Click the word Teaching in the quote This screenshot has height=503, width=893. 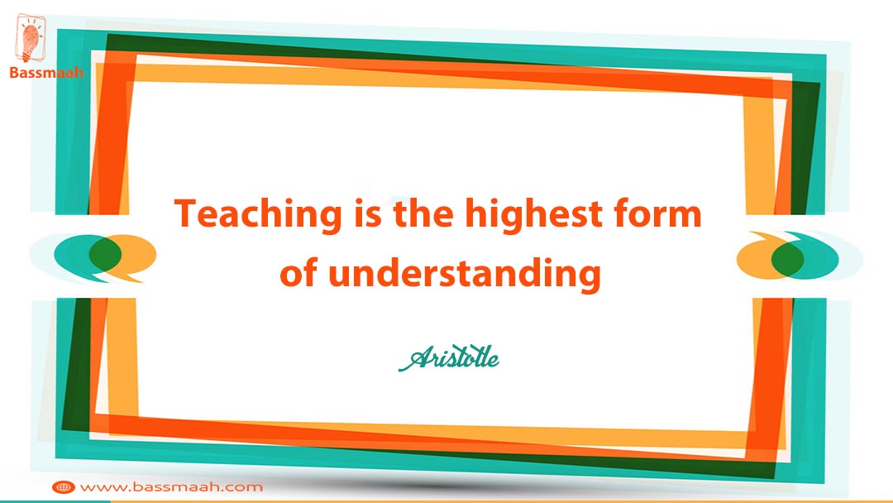coord(258,215)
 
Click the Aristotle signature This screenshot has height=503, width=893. coord(449,358)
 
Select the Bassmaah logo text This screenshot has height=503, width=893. coord(46,72)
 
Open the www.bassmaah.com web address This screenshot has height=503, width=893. coord(171,487)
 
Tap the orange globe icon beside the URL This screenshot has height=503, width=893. coord(63,487)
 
